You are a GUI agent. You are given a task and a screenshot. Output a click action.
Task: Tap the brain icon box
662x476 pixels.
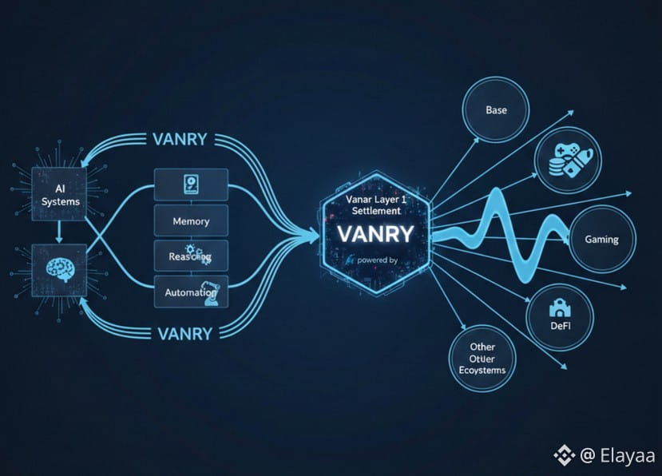click(x=61, y=268)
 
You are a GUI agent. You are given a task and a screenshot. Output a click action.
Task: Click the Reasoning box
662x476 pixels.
click(x=191, y=256)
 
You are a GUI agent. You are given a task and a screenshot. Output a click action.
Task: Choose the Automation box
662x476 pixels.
click(x=191, y=292)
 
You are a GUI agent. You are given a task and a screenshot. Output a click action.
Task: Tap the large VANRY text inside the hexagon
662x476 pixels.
click(x=375, y=234)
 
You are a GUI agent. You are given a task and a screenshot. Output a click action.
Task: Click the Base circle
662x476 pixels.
click(x=496, y=110)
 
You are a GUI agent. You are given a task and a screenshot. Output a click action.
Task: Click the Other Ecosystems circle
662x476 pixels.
click(x=482, y=359)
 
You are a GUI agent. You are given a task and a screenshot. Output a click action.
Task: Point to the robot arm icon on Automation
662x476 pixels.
click(x=212, y=294)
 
